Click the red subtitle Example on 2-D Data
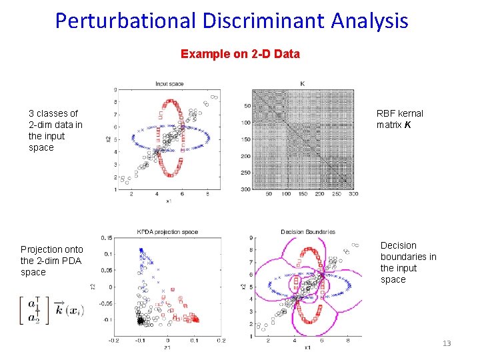point(240,53)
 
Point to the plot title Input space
point(169,84)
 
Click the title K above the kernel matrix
point(303,83)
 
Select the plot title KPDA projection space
point(167,232)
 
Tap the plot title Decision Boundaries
point(307,232)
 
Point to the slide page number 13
point(446,343)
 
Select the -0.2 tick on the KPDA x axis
point(114,340)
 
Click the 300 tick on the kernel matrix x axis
point(353,194)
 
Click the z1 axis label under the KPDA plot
point(167,347)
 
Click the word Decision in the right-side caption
point(398,245)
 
